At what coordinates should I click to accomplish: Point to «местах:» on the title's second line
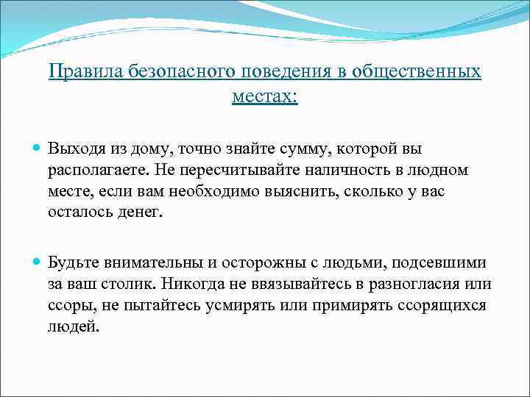pyautogui.click(x=265, y=96)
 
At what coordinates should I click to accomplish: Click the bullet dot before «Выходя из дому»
pyautogui.click(x=37, y=149)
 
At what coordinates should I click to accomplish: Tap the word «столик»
pyautogui.click(x=132, y=285)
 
